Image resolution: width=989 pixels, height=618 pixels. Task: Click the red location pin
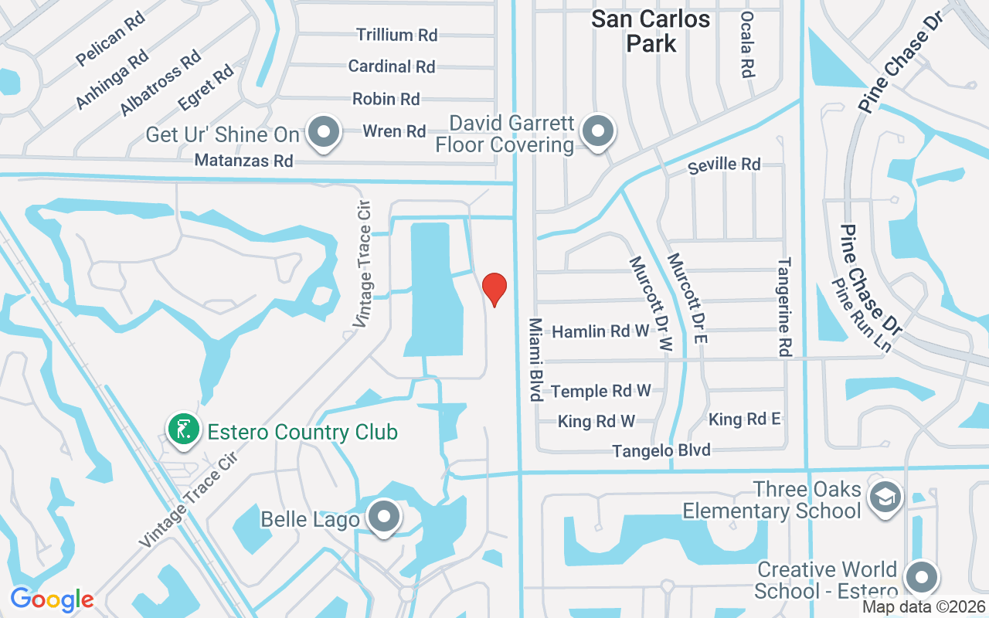494,288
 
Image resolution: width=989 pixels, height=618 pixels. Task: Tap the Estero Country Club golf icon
184,430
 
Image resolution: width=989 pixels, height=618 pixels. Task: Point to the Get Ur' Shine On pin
325,132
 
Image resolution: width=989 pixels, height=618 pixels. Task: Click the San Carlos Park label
651,31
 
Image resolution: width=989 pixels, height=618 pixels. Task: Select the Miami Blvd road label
534,358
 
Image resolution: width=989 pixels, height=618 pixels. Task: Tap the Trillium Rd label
396,35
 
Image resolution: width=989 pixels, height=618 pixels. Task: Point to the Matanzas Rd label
243,161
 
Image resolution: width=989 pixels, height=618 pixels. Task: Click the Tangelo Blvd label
661,450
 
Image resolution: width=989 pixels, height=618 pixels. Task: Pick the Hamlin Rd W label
600,331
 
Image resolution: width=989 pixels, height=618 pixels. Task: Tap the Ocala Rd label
746,45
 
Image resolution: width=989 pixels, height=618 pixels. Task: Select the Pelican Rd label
111,39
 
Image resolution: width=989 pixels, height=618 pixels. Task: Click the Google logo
52,599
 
